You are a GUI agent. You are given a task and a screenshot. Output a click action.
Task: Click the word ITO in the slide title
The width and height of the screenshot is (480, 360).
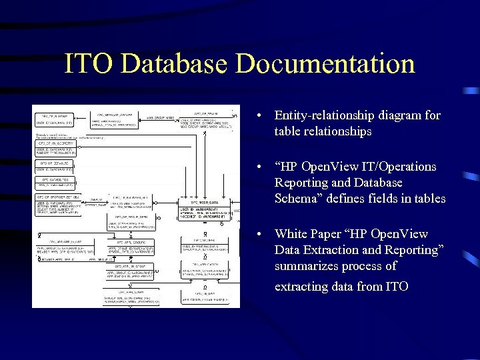[x=90, y=64]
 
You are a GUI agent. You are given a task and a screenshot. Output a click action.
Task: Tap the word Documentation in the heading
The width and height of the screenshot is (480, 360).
[x=325, y=64]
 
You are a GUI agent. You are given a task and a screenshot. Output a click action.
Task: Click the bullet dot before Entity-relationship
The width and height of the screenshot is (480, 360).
[x=259, y=116]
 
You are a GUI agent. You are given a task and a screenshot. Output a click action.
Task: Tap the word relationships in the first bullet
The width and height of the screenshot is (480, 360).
[x=323, y=131]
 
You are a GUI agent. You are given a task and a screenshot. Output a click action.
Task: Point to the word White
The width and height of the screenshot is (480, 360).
[x=291, y=234]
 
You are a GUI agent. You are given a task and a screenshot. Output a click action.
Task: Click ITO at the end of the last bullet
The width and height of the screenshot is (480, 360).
[x=396, y=287]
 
